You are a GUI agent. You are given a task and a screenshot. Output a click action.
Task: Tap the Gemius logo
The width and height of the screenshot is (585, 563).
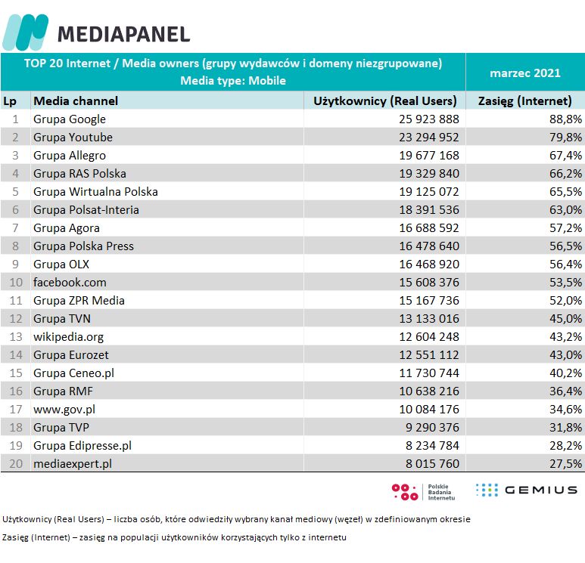coord(527,490)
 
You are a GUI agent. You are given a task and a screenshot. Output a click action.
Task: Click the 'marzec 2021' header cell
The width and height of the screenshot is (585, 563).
coord(524,73)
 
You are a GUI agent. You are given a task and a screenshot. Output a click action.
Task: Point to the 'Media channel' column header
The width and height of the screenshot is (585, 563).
coord(76,101)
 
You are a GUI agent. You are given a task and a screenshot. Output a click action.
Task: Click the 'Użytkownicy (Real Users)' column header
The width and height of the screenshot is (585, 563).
coord(385,101)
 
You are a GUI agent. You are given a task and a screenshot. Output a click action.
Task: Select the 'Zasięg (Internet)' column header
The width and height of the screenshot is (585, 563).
coord(524,101)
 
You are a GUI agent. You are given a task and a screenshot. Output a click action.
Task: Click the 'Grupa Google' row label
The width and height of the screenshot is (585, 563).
coord(70,119)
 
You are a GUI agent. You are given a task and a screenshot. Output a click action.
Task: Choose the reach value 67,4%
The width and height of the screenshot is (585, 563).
coord(565,155)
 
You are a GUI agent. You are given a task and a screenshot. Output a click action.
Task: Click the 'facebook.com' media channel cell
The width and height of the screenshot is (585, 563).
coord(70,282)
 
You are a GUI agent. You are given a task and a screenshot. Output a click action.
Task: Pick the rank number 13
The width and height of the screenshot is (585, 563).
coord(15,336)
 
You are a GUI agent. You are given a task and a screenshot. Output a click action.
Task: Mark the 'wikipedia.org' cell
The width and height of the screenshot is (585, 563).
coord(69,336)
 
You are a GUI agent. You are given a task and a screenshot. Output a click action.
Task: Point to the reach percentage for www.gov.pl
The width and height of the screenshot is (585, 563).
coord(565,409)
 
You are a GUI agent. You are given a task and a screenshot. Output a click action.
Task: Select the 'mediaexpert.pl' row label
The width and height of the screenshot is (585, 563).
coord(73,463)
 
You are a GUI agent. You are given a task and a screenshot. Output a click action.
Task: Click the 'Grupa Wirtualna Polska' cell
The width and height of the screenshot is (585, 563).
coord(95,191)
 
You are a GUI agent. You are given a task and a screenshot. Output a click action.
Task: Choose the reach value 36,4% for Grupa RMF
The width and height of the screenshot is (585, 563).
coord(565,391)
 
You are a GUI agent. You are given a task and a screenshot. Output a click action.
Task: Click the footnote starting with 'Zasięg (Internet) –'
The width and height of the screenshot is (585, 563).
coord(175,537)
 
